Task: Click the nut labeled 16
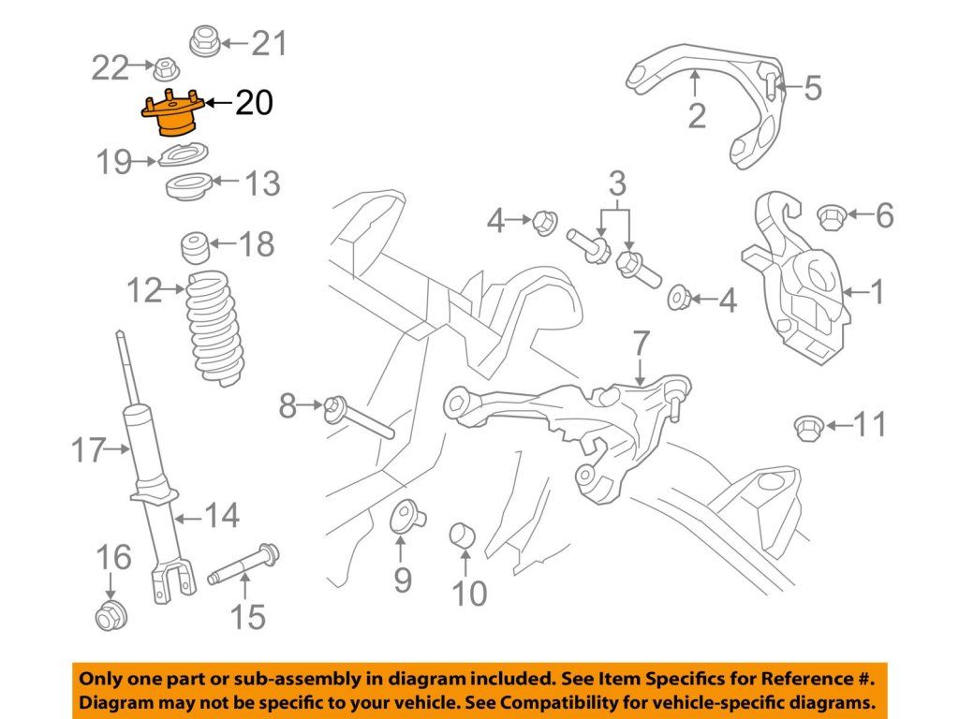(111, 616)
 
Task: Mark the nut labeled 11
(808, 427)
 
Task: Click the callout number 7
(640, 344)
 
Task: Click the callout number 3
(616, 183)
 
